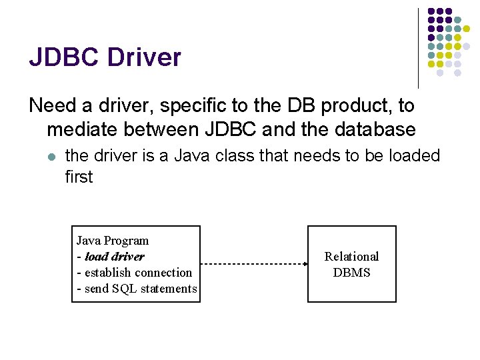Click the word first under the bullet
[79, 177]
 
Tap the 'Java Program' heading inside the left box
[113, 241]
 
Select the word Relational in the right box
[351, 257]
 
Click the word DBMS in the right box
[351, 273]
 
